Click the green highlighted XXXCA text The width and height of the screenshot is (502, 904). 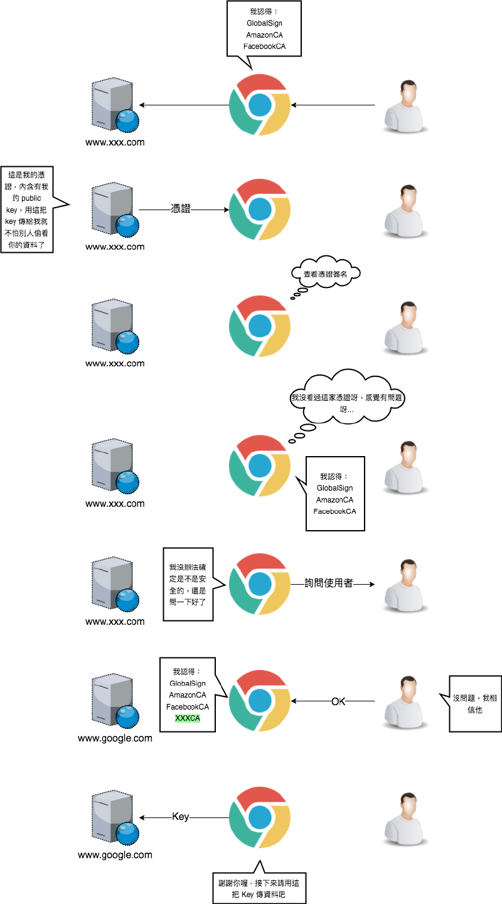tap(187, 718)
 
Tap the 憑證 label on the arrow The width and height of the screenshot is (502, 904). tap(181, 209)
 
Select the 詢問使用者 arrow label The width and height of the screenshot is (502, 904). tap(328, 583)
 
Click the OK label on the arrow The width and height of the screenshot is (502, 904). tap(338, 701)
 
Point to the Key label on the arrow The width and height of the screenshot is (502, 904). tap(181, 817)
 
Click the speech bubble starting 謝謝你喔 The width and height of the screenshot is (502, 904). tap(260, 887)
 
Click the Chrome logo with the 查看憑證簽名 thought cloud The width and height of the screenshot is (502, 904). tap(259, 326)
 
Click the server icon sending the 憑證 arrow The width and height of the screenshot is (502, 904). tap(113, 209)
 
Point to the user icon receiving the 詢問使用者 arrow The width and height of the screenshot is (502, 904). tap(406, 585)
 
